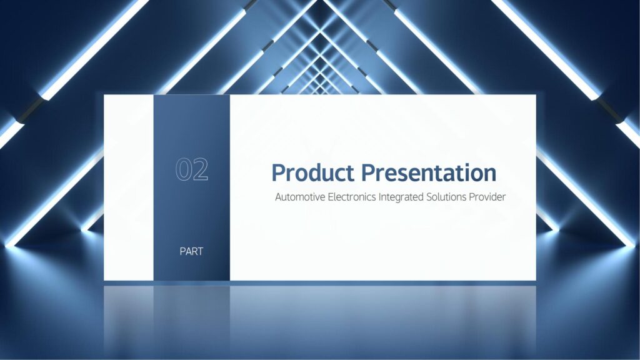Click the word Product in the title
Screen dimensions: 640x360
pyautogui.click(x=312, y=172)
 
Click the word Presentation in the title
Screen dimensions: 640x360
pyautogui.click(x=429, y=172)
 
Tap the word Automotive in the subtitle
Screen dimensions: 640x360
pyautogui.click(x=300, y=197)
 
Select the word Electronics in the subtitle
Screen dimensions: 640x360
pyautogui.click(x=352, y=197)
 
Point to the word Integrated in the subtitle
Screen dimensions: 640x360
pyautogui.click(x=401, y=197)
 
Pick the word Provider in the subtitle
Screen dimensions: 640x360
pyautogui.click(x=487, y=197)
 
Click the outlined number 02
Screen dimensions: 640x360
pyautogui.click(x=192, y=169)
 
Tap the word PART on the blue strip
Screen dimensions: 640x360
pyautogui.click(x=191, y=251)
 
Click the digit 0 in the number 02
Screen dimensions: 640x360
pyautogui.click(x=183, y=169)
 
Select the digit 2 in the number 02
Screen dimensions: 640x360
pyautogui.click(x=201, y=169)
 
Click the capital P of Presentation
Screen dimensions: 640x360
pyautogui.click(x=369, y=172)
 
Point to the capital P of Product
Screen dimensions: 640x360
pyautogui.click(x=279, y=172)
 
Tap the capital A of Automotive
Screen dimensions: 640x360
pyautogui.click(x=279, y=197)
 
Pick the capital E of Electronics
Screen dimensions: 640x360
pyautogui.click(x=331, y=197)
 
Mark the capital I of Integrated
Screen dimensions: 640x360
pyautogui.click(x=379, y=197)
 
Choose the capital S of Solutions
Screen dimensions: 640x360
pyautogui.click(x=429, y=197)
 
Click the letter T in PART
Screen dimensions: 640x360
pyautogui.click(x=200, y=251)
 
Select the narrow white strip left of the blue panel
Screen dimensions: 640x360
pyautogui.click(x=129, y=187)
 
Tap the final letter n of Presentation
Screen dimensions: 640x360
pyautogui.click(x=490, y=175)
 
